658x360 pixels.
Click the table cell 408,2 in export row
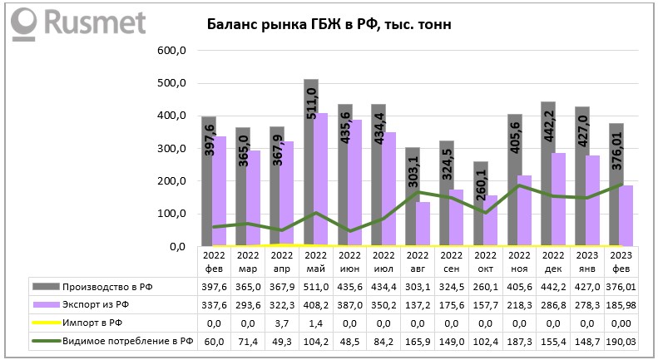tap(315, 304)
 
